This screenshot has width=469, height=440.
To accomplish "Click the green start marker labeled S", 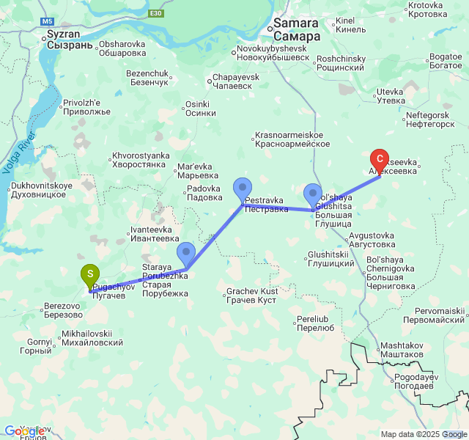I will click(90, 276).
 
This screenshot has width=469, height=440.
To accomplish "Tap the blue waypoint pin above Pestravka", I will click(243, 189).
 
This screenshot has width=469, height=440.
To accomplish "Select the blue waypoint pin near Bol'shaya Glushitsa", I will click(313, 195).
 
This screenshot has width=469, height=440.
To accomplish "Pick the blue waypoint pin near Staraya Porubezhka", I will click(186, 254).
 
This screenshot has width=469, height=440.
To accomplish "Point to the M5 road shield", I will click(48, 23).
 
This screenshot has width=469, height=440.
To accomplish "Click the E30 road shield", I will click(155, 14).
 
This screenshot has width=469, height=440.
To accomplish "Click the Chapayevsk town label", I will click(234, 81).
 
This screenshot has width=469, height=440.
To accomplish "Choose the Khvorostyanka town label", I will click(141, 161).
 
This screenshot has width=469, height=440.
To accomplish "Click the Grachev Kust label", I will click(251, 296).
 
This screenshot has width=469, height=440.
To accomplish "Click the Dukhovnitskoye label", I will click(42, 190).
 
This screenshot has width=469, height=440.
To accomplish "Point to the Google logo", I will click(23, 431).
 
